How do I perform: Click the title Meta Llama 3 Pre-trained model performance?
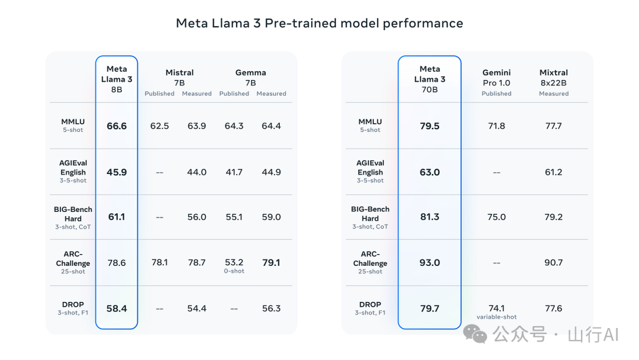click(319, 23)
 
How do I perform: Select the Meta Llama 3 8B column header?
click(117, 79)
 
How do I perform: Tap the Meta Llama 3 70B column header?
click(430, 79)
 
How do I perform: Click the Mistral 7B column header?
click(179, 78)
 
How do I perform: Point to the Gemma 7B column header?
click(250, 78)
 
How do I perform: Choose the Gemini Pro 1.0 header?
click(496, 78)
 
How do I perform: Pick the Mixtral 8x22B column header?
click(553, 78)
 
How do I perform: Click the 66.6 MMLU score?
click(117, 126)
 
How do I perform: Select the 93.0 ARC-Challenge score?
click(430, 262)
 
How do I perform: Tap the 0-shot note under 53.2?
click(234, 271)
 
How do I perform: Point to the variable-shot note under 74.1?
click(496, 317)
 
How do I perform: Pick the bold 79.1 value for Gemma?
click(271, 262)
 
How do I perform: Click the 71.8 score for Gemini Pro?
click(496, 126)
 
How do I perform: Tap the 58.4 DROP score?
click(117, 308)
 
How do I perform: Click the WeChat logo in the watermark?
click(476, 334)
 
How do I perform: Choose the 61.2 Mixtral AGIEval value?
click(553, 172)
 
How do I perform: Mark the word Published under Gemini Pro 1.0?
click(496, 94)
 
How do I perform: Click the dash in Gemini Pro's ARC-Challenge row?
click(496, 262)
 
